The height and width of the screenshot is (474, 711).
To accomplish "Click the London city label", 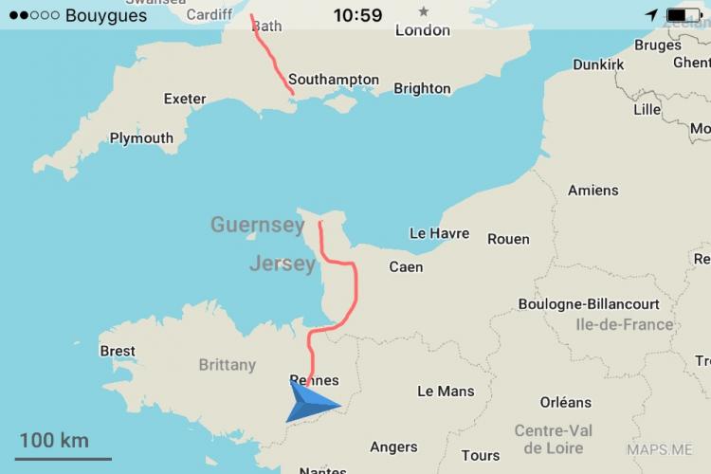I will point(423,30).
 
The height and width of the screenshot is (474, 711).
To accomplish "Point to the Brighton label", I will point(422,88).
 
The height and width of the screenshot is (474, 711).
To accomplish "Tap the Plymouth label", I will point(141,137).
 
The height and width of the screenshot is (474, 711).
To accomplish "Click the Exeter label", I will point(184,99).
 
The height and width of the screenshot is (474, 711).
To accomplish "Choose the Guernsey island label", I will point(257,225).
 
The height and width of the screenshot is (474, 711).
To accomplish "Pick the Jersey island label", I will point(282,264).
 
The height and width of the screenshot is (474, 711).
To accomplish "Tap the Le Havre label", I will point(439,233).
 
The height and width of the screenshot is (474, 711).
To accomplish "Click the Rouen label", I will point(508,239).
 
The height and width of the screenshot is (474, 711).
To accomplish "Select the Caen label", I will point(406,267).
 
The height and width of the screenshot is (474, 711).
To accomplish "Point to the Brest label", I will point(118,351).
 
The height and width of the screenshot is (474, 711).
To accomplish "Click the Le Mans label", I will point(446,391).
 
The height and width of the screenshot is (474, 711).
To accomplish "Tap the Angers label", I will point(393,447).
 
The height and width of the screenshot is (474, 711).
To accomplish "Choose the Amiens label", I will point(592,191).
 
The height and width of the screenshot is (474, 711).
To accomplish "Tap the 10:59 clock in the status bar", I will point(358,15).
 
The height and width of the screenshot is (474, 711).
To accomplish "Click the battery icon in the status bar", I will point(681,15).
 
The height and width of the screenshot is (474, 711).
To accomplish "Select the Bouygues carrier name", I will point(106,15).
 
